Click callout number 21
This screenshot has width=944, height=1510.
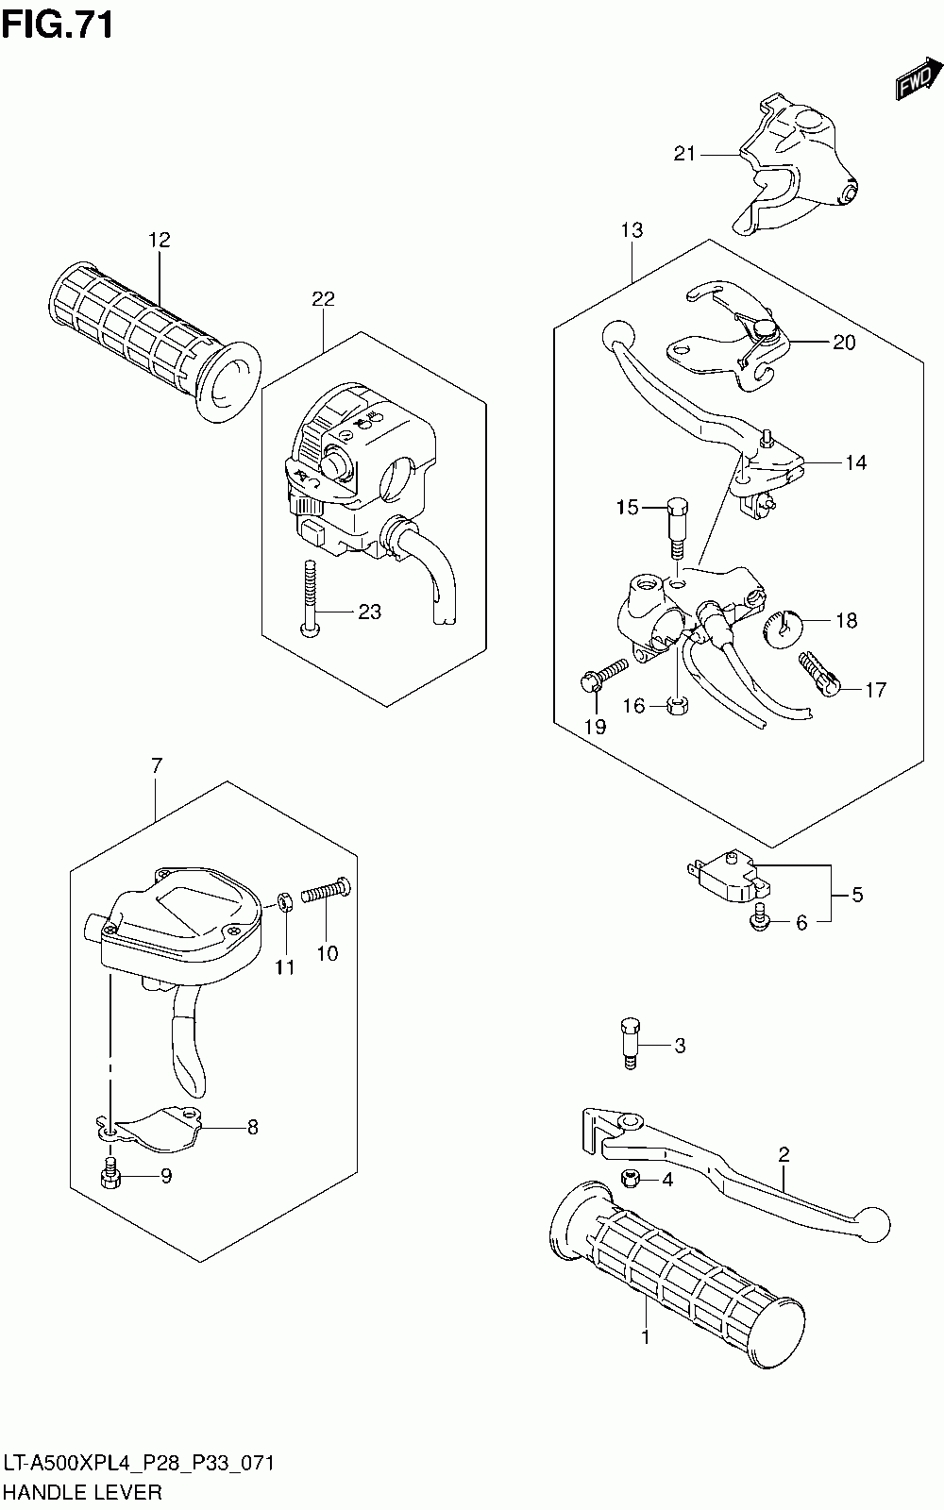click(x=684, y=154)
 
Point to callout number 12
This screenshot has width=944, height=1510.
click(x=159, y=240)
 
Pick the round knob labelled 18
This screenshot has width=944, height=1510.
click(x=783, y=628)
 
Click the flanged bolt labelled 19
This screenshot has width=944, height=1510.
click(x=602, y=673)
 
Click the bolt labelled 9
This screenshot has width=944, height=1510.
click(x=109, y=1173)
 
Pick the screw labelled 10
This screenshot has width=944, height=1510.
click(x=327, y=890)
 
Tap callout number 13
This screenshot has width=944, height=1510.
click(x=632, y=229)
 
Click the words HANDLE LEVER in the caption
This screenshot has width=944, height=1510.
click(x=83, y=1491)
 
